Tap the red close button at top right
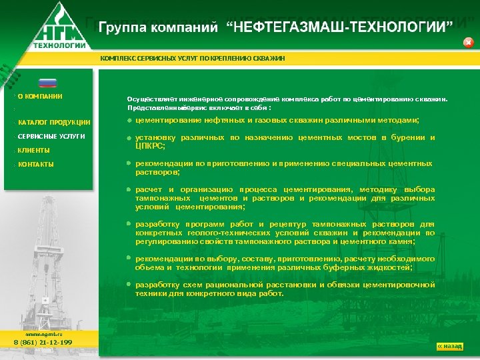pyautogui.click(x=468, y=43)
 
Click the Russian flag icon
pyautogui.click(x=47, y=83)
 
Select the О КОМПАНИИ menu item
pyautogui.click(x=40, y=96)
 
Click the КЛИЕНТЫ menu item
pyautogui.click(x=33, y=150)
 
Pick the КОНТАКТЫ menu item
pyautogui.click(x=36, y=164)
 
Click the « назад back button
pyautogui.click(x=449, y=346)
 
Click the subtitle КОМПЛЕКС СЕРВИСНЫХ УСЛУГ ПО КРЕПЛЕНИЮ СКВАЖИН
pyautogui.click(x=192, y=59)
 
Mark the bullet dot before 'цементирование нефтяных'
pyautogui.click(x=129, y=120)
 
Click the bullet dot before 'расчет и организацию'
pyautogui.click(x=129, y=189)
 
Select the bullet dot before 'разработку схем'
pyautogui.click(x=129, y=284)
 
